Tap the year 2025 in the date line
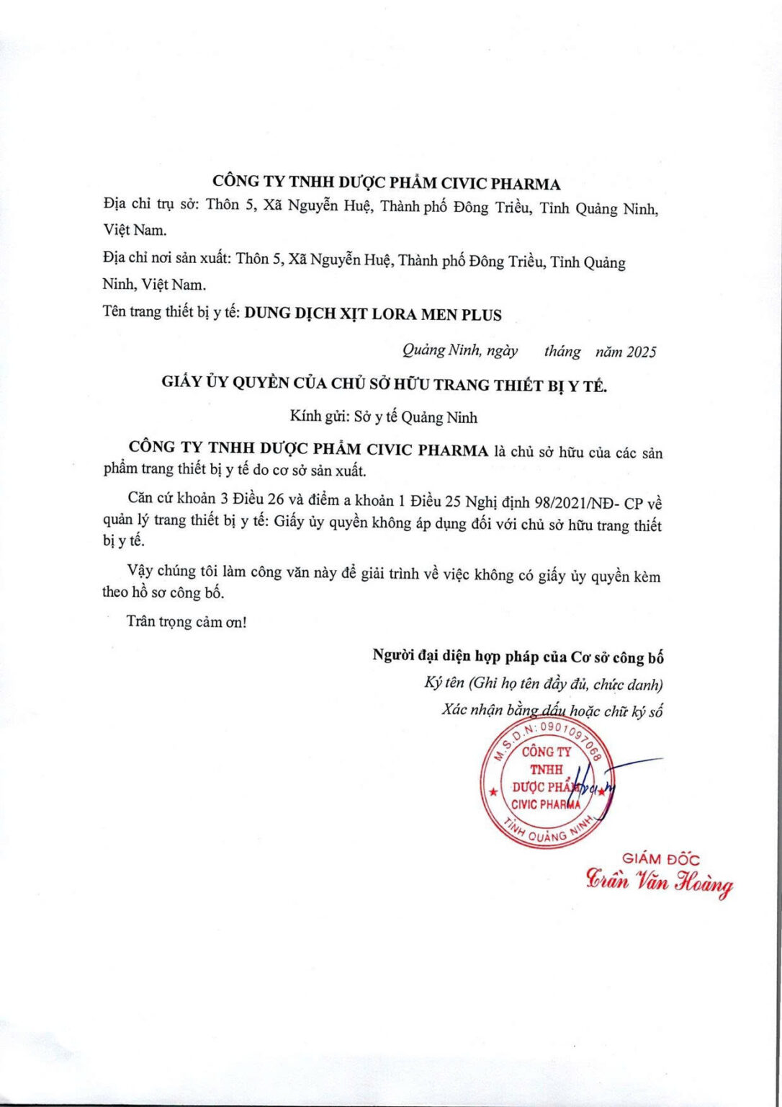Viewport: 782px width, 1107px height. tap(641, 352)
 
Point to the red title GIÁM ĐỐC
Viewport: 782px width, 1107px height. tap(660, 858)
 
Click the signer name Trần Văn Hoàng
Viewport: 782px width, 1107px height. tap(659, 882)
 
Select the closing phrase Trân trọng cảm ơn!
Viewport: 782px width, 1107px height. tap(186, 621)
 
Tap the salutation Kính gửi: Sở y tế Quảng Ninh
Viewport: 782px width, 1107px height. tap(383, 417)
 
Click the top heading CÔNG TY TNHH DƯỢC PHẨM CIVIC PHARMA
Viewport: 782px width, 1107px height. tap(386, 183)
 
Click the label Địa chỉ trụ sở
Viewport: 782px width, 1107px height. tap(150, 205)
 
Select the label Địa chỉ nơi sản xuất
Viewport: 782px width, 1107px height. tap(167, 258)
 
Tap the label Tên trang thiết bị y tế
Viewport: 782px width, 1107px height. tap(171, 312)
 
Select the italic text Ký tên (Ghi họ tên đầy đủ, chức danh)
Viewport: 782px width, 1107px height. tap(544, 683)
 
